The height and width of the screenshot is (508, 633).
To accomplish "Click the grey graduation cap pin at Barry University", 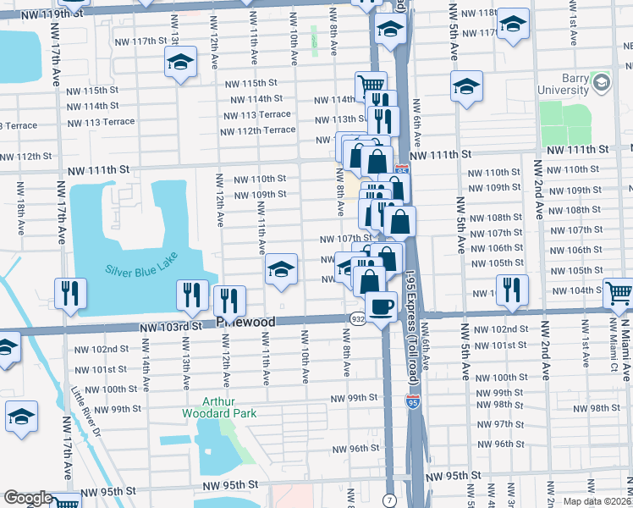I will [601, 83].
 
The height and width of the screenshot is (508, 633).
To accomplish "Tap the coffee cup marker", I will [381, 306].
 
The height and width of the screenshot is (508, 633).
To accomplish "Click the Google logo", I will [27, 498].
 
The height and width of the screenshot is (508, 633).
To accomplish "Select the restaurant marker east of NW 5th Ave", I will [512, 290].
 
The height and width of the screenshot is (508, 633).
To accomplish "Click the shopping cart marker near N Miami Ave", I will [619, 294].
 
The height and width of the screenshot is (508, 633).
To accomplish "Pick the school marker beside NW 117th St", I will [180, 63].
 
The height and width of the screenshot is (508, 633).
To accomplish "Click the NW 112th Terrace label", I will [257, 130].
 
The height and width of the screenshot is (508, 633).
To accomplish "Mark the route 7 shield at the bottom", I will [390, 501].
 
